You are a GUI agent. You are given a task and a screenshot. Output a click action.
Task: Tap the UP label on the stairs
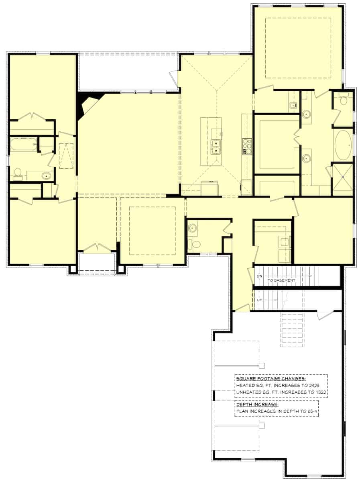pyautogui.click(x=259, y=300)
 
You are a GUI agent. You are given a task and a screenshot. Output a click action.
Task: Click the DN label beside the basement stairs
pyautogui.click(x=259, y=276)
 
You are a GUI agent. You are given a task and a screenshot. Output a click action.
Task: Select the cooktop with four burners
pyautogui.click(x=246, y=146)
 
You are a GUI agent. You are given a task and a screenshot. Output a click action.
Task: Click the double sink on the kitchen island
pyautogui.click(x=216, y=147)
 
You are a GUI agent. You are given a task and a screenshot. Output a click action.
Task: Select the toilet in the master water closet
pyautogui.click(x=344, y=100)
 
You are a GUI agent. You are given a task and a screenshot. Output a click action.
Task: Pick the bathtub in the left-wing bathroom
pyautogui.click(x=23, y=145)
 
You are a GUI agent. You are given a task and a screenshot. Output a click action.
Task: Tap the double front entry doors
pyautogui.click(x=97, y=248)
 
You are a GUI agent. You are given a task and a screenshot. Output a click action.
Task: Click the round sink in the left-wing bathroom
pyautogui.click(x=47, y=175)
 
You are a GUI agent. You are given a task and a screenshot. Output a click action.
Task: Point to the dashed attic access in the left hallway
pyautogui.click(x=67, y=155)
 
